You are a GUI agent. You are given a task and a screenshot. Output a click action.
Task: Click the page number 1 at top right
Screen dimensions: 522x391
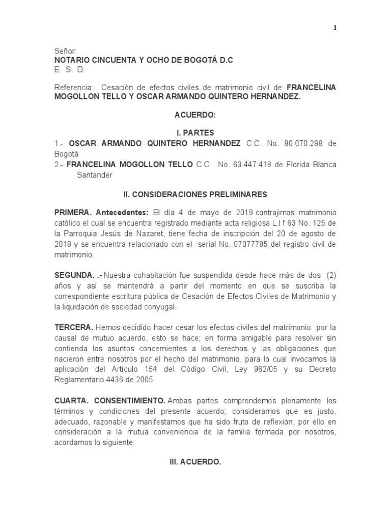[334, 28]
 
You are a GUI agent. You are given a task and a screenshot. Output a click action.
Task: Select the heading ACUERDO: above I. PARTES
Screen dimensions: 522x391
[195, 116]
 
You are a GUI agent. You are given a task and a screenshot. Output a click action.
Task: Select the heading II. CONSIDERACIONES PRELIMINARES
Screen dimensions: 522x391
[195, 194]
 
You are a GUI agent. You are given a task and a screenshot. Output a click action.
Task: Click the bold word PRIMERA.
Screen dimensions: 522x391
[73, 212]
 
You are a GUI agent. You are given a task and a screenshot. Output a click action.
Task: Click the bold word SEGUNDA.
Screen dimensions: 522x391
[74, 276]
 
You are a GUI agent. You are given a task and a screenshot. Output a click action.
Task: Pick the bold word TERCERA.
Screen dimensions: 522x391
[73, 327]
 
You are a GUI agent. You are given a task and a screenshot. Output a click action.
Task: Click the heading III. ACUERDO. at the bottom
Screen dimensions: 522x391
[195, 462]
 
